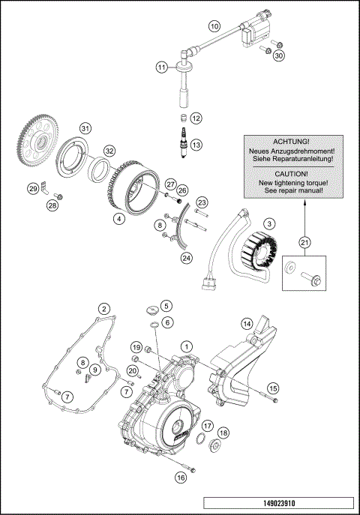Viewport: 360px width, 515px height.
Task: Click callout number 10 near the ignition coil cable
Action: point(214,26)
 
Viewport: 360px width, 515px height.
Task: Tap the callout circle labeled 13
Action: point(196,145)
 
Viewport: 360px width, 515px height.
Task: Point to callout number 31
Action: point(85,129)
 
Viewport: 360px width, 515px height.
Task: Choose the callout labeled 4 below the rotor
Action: point(118,219)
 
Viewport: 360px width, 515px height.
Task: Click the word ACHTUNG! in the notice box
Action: point(291,141)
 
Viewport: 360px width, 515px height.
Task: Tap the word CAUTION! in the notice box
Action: point(291,172)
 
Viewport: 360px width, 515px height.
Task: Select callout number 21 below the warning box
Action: point(304,241)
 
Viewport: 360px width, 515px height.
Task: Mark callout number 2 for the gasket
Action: point(105,308)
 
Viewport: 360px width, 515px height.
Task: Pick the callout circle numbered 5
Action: point(166,305)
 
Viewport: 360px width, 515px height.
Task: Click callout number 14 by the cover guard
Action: point(245,324)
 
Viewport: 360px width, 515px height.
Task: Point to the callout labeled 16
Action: point(180,477)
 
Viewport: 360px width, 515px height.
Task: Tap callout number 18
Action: point(223,433)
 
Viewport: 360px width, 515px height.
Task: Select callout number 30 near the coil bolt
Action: point(278,55)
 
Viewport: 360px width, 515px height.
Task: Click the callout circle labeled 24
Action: point(186,259)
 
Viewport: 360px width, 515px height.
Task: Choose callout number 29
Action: point(33,188)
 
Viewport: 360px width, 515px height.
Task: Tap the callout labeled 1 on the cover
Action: point(186,346)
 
